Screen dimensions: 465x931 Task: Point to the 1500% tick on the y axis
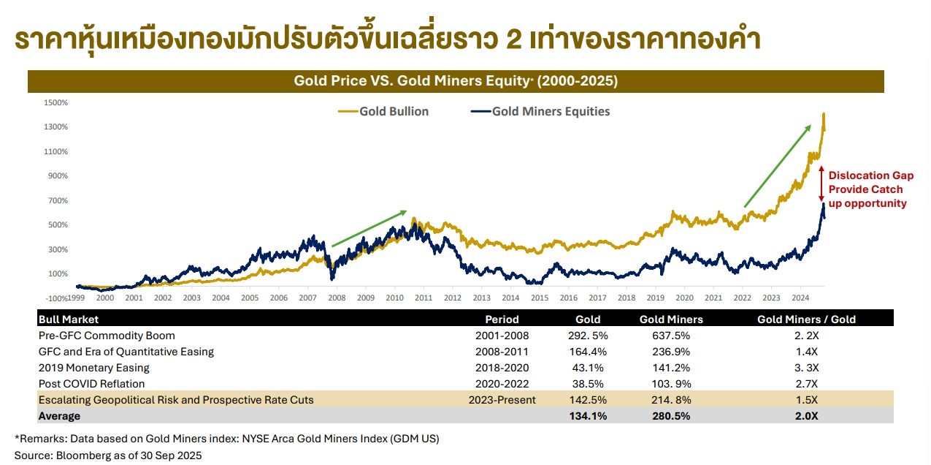click(x=56, y=102)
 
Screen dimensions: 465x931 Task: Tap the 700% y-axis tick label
click(x=58, y=200)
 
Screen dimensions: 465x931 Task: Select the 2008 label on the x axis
click(x=337, y=298)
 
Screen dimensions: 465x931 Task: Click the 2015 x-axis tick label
click(x=540, y=298)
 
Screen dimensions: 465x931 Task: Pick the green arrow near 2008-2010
click(x=369, y=229)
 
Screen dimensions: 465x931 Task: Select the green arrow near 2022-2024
click(x=778, y=166)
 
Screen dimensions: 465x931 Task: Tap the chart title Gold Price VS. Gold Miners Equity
click(x=456, y=81)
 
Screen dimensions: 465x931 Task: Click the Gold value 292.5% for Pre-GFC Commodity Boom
click(x=588, y=336)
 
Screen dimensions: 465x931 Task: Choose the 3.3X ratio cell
click(x=806, y=368)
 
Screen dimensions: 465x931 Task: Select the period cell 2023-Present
click(x=502, y=400)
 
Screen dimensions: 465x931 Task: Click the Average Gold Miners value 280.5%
click(x=671, y=416)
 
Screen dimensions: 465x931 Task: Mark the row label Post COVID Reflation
click(x=91, y=384)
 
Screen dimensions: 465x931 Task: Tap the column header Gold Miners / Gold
click(x=806, y=320)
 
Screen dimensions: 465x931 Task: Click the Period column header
click(x=502, y=320)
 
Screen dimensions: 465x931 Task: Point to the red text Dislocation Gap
click(x=870, y=175)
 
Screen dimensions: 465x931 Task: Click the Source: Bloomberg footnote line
click(x=108, y=455)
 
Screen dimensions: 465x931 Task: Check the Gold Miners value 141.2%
click(x=671, y=368)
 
